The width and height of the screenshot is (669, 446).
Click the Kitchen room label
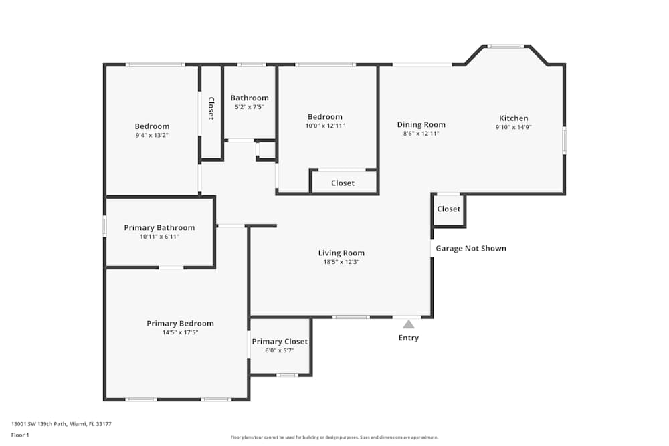coord(513,118)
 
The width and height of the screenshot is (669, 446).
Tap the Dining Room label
coord(421,124)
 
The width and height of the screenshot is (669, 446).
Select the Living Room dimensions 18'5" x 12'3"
coord(341,262)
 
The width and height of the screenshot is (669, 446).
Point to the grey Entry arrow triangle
coord(408,324)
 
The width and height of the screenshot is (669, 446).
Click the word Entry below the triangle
coord(408,338)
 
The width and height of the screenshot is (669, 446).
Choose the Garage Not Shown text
coord(471,248)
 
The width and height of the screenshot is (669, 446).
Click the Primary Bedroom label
coord(180,324)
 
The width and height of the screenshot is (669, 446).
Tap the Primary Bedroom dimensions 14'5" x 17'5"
coord(180,332)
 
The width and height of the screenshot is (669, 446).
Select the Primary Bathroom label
coord(159,228)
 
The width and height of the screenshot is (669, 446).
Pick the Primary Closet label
coord(280,342)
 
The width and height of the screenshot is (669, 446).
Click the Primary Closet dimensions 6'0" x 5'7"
coord(280,350)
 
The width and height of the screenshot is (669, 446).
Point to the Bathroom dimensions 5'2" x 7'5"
coord(250,107)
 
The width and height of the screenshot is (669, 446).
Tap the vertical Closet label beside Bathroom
coord(211,108)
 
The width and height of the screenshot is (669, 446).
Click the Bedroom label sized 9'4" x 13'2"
coord(152,126)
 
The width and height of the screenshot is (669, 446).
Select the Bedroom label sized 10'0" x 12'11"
coord(324,117)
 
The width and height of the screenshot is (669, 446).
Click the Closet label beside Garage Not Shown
coord(448,209)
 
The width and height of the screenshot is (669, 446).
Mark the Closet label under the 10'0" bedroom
coord(343,183)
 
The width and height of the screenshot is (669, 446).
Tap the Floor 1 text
coord(20,435)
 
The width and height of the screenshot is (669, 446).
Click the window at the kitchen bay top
coord(505,46)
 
